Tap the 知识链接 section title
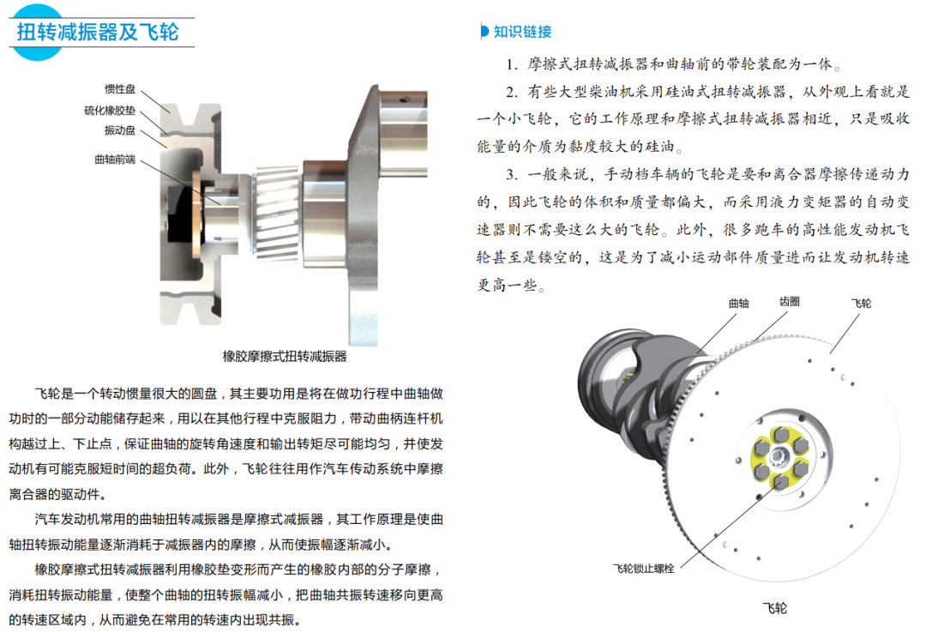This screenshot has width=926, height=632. [x=523, y=32]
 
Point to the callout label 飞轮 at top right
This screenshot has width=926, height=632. [x=861, y=304]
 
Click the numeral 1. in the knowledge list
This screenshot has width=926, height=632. [x=511, y=65]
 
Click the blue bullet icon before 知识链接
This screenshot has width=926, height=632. [x=484, y=32]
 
